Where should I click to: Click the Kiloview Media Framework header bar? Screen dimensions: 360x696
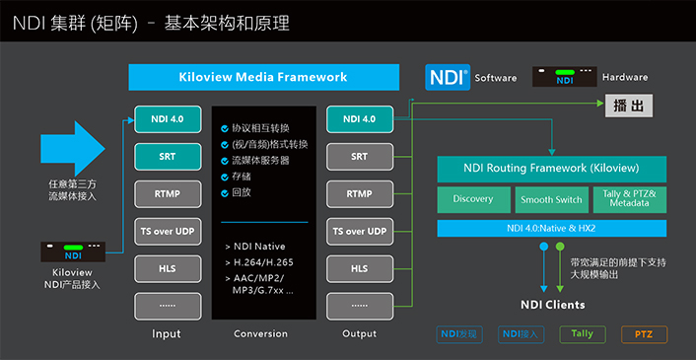coord(263,77)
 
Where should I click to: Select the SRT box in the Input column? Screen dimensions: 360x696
coord(167,156)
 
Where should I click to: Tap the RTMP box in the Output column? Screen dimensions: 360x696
coord(359,193)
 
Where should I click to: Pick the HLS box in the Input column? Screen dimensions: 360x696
coord(167,268)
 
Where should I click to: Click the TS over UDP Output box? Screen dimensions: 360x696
coord(359,231)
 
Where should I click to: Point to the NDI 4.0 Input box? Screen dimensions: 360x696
coord(167,119)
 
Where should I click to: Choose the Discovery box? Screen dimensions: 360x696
coord(473,199)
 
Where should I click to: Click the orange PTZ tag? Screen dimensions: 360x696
coord(644,334)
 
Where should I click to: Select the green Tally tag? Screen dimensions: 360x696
coord(582,334)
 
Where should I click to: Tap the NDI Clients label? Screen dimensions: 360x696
coord(552,305)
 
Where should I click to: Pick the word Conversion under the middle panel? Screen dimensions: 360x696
coord(260,333)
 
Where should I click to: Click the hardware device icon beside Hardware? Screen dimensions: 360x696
coord(565,77)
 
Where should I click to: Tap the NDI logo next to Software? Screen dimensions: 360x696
coord(448,77)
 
